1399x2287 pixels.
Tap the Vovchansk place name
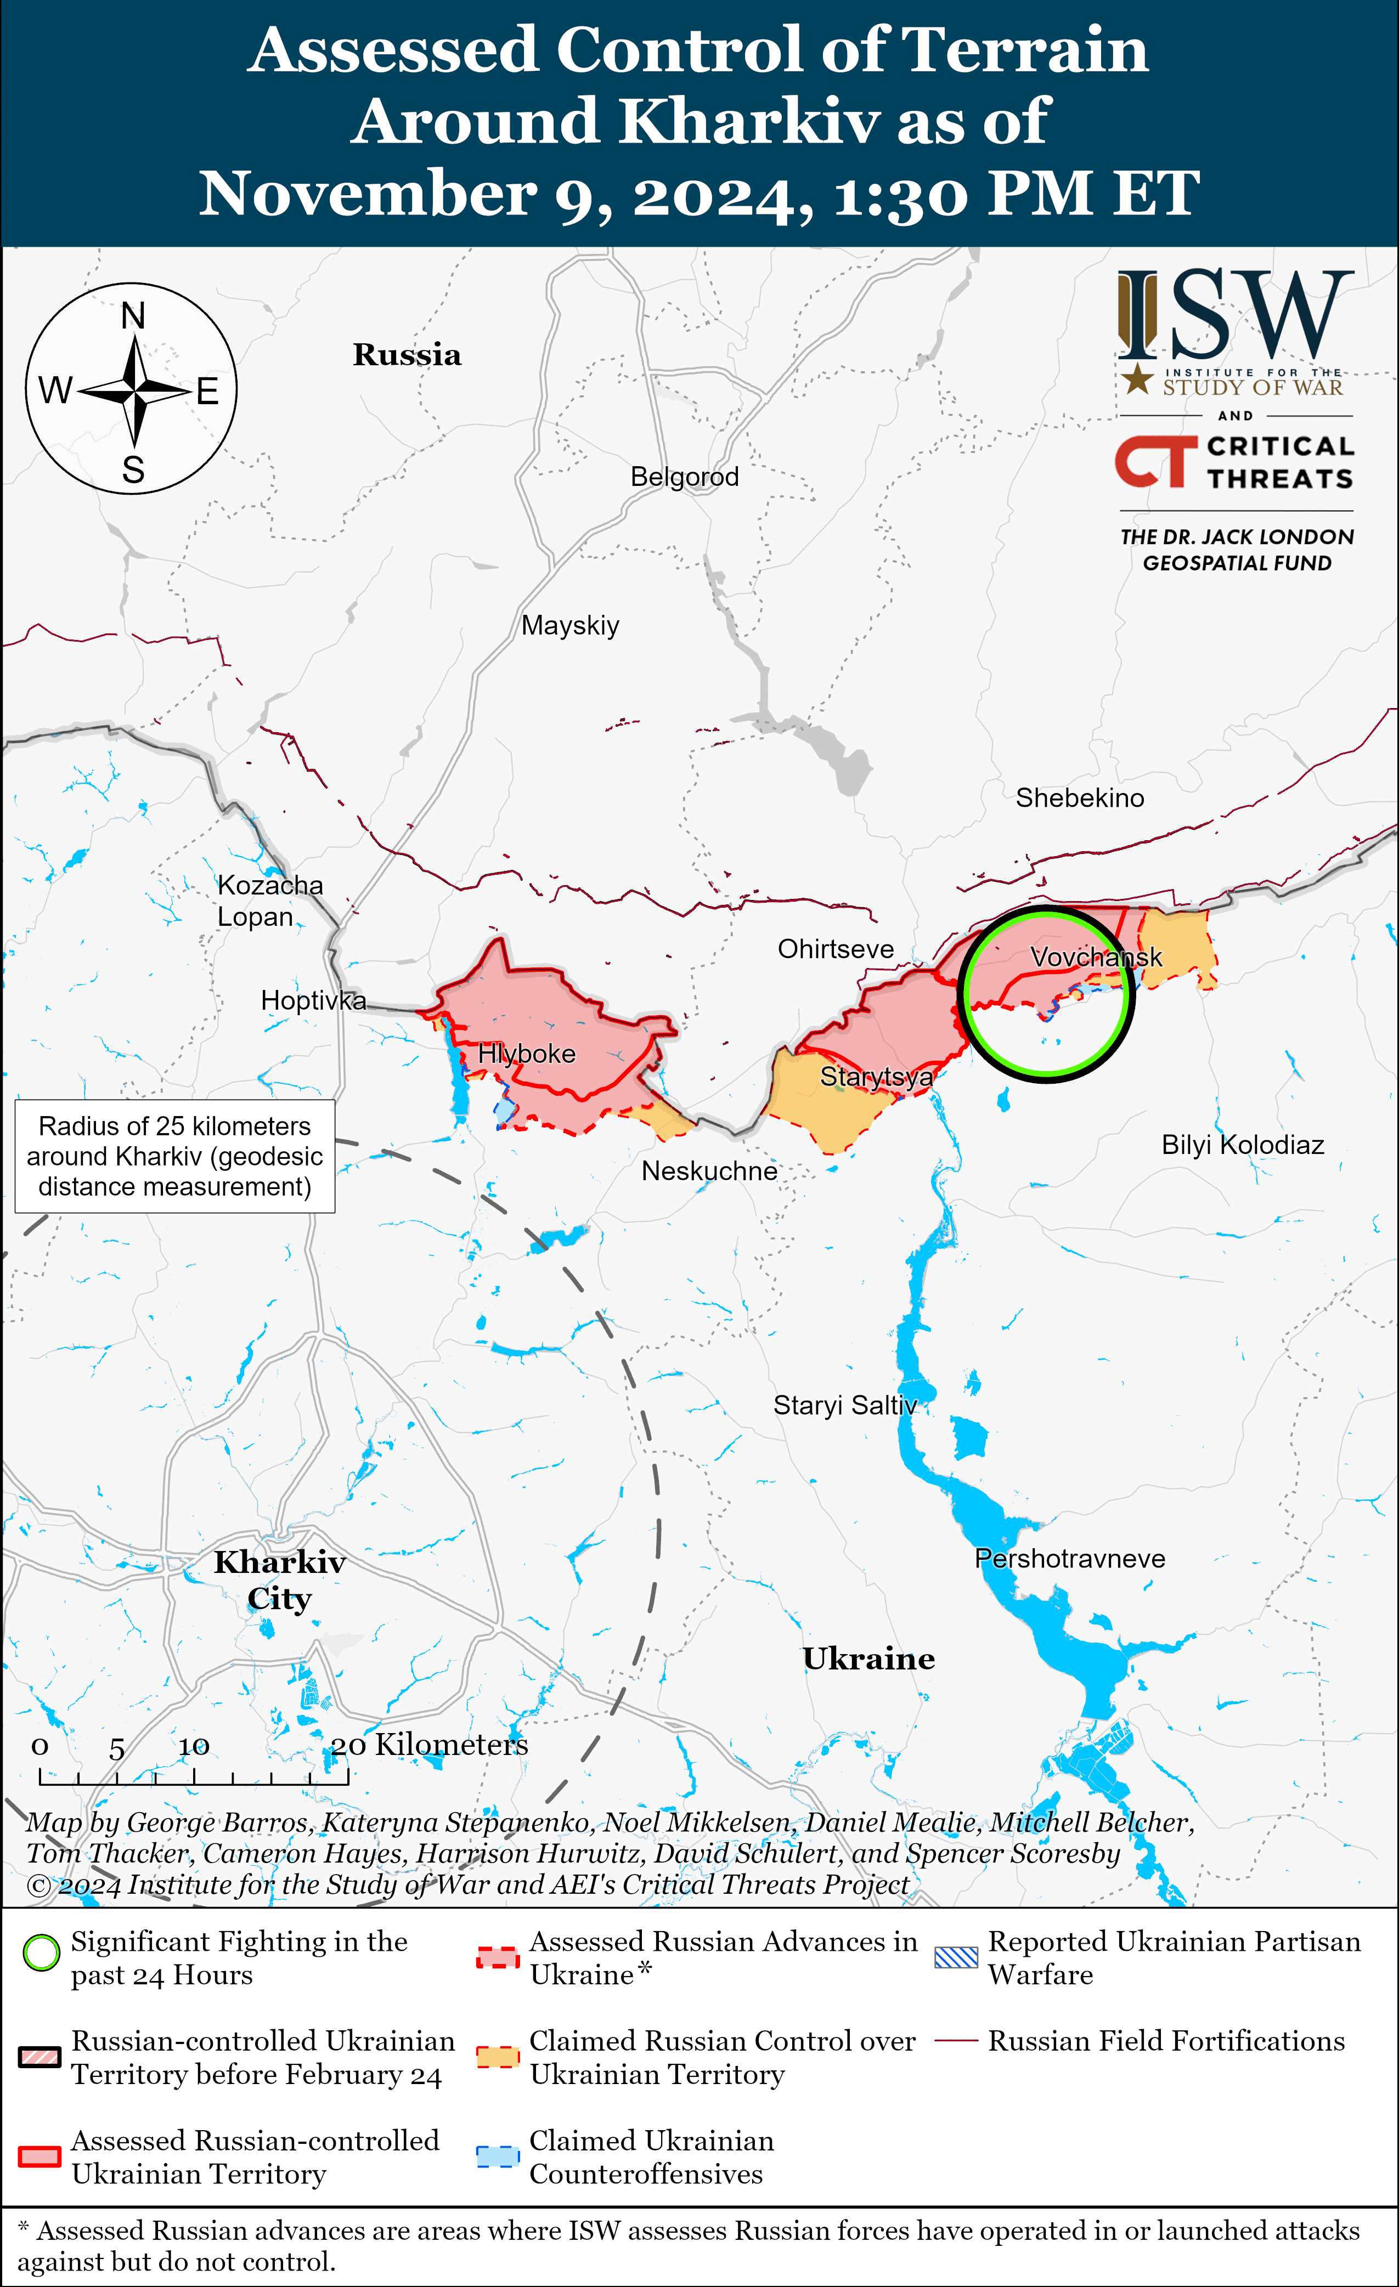click(x=1096, y=957)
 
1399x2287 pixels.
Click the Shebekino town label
click(x=1080, y=798)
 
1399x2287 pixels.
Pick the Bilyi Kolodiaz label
click(x=1242, y=1145)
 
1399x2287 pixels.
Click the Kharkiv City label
click(x=279, y=1580)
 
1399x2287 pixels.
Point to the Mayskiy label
click(x=570, y=626)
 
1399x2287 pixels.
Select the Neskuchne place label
click(x=709, y=1171)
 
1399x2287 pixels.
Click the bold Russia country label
click(x=407, y=354)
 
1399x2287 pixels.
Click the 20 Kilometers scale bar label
click(x=429, y=1745)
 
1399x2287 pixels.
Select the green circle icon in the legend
click(x=41, y=1953)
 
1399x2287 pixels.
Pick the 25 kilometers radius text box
click(x=174, y=1157)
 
